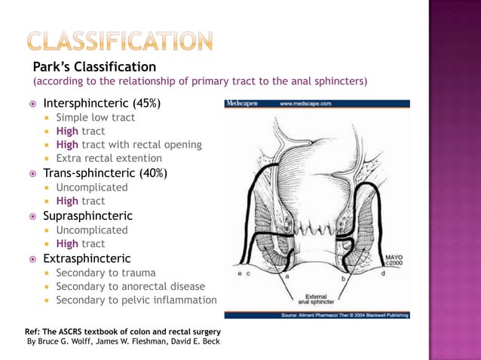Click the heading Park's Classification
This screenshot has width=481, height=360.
click(94, 67)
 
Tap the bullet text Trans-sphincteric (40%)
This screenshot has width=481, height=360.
click(105, 173)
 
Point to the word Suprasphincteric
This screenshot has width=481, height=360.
click(87, 215)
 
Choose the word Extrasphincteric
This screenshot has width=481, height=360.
click(87, 258)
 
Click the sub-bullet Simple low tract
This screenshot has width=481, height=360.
click(96, 117)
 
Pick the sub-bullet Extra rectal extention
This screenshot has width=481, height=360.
click(109, 158)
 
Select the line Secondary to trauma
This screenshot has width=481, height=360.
click(106, 273)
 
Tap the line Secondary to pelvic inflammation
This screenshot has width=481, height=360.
click(136, 300)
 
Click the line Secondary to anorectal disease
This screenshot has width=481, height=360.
click(130, 286)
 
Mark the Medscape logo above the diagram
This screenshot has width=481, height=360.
click(242, 104)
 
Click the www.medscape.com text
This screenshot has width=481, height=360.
click(307, 104)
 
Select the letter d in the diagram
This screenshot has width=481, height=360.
click(382, 273)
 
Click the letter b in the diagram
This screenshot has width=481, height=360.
click(343, 278)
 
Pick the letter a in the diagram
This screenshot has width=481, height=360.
click(286, 276)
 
